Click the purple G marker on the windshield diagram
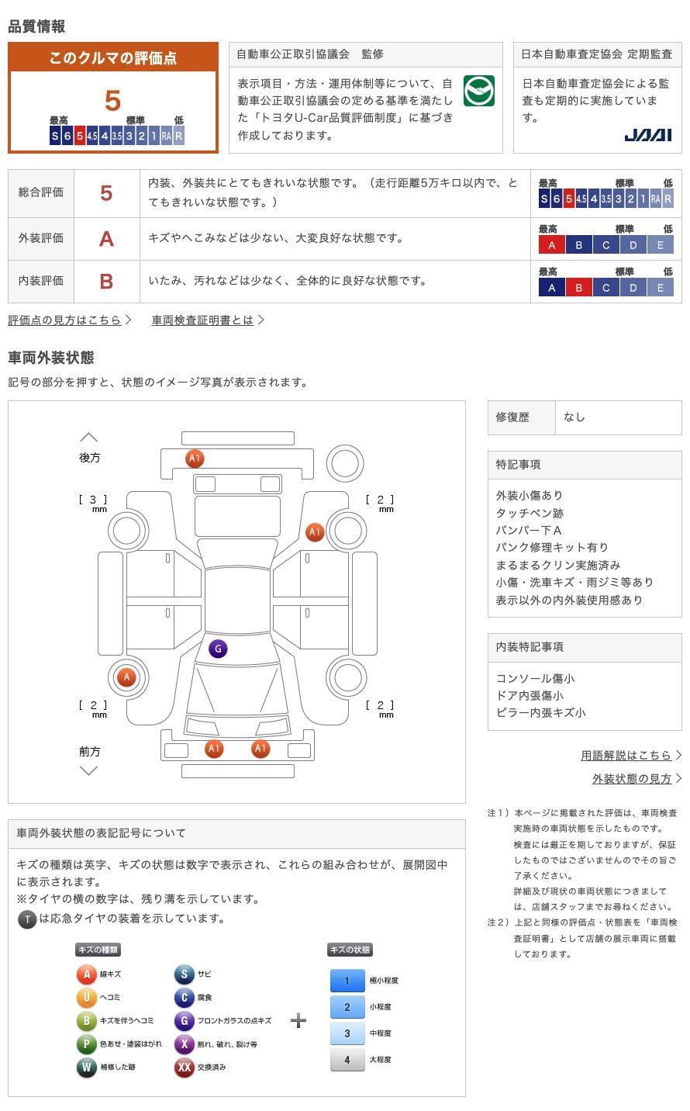(x=218, y=649)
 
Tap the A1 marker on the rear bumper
(x=195, y=459)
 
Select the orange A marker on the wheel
(x=126, y=677)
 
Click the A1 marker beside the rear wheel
(x=314, y=532)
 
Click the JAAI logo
(x=647, y=135)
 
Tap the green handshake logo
(x=479, y=92)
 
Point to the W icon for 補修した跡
(x=86, y=1068)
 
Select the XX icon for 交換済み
(x=184, y=1068)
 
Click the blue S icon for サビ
(x=184, y=974)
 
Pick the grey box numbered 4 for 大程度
(x=347, y=1060)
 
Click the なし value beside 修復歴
(x=574, y=417)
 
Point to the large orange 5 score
(x=112, y=101)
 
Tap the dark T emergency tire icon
(x=27, y=919)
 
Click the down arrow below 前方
(x=89, y=770)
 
